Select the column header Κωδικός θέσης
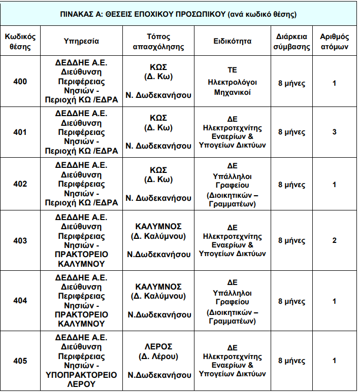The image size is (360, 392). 20,42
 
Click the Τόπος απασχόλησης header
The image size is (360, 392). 158,42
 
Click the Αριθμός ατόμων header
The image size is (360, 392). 334,42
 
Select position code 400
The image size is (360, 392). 20,82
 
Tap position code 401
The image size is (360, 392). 20,132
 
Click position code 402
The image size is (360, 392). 20,184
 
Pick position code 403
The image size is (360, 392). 20,240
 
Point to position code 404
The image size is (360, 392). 20,301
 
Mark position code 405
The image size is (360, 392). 20,361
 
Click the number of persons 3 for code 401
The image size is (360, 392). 334,132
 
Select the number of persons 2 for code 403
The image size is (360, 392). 334,240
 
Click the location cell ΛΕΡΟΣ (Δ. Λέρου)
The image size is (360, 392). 158,351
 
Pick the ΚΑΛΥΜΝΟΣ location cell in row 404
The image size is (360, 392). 158,291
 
